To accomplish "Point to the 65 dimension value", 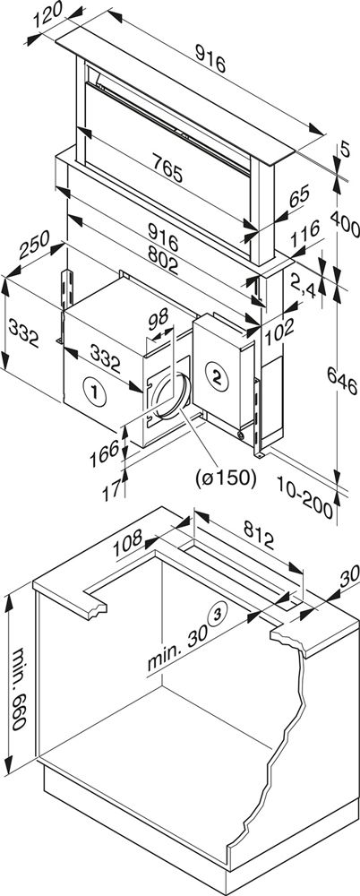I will [x=299, y=196].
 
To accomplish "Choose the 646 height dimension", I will [x=342, y=386].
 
